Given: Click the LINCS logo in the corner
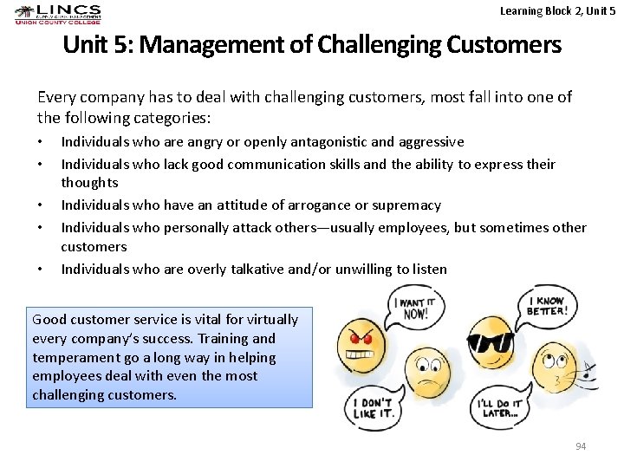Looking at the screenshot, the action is pyautogui.click(x=58, y=15).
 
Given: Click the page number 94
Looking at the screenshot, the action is pyautogui.click(x=581, y=445).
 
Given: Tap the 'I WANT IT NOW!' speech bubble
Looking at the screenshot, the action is pyautogui.click(x=414, y=308).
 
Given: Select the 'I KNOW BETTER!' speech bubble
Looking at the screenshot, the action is pyautogui.click(x=544, y=306).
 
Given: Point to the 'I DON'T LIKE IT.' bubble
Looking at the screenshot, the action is pyautogui.click(x=374, y=408).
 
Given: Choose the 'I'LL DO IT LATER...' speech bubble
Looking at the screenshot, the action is pyautogui.click(x=500, y=407).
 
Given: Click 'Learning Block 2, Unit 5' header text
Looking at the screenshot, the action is pyautogui.click(x=557, y=10).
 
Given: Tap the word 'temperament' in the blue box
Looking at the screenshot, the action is pyautogui.click(x=67, y=357).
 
